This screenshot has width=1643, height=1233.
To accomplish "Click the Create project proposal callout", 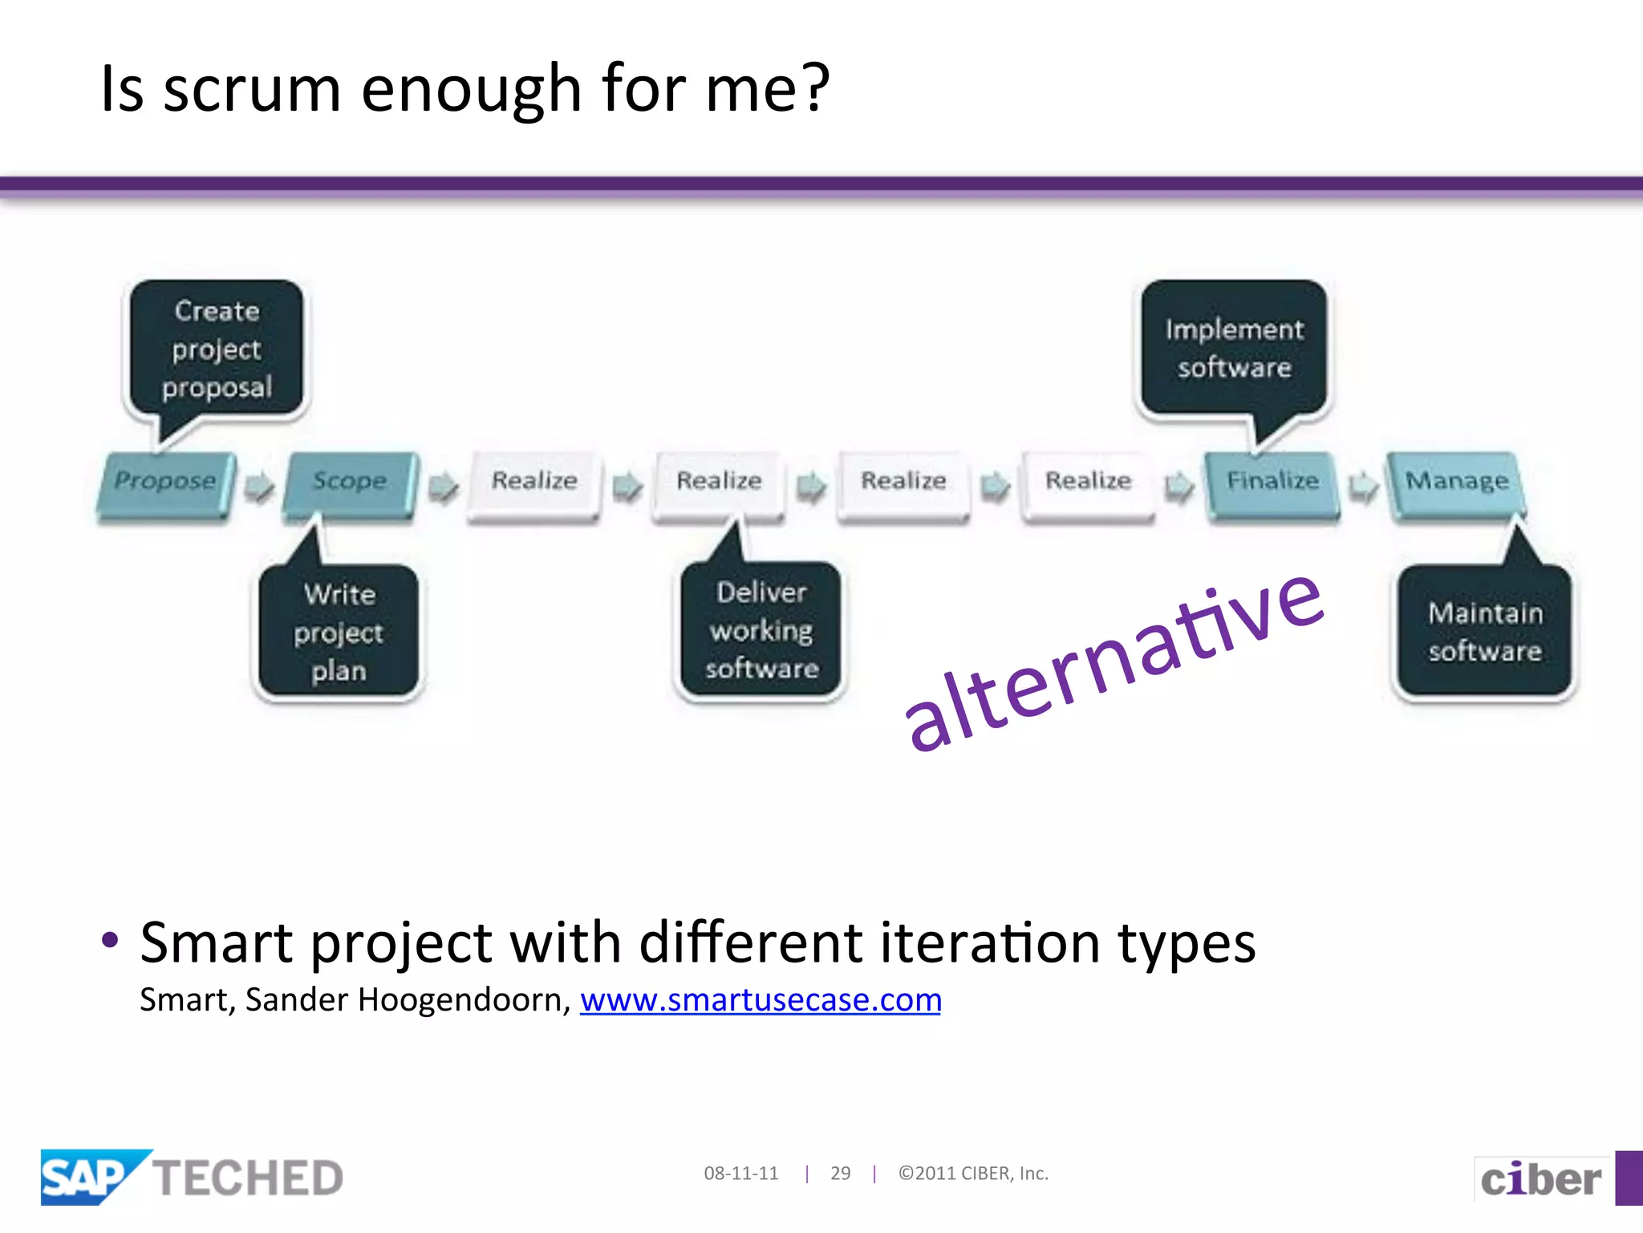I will [217, 349].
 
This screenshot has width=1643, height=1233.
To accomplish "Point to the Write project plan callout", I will [339, 633].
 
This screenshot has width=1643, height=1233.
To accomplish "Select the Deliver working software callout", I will [761, 630].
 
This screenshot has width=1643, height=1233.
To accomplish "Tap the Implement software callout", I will [1234, 348].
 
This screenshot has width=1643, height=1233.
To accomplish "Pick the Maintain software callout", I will [1485, 632].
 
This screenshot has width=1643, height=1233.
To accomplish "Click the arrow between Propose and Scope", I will [259, 486].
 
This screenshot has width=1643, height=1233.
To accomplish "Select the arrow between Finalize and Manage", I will [1363, 486].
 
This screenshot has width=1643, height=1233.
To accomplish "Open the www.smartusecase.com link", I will [761, 1000].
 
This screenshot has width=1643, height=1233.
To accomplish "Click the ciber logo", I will [1540, 1179].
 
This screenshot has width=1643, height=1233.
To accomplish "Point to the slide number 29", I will [840, 1174].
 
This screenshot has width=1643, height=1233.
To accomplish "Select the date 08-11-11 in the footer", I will [741, 1174].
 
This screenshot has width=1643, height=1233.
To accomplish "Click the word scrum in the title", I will [252, 90].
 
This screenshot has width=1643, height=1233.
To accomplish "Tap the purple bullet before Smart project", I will [111, 939].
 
